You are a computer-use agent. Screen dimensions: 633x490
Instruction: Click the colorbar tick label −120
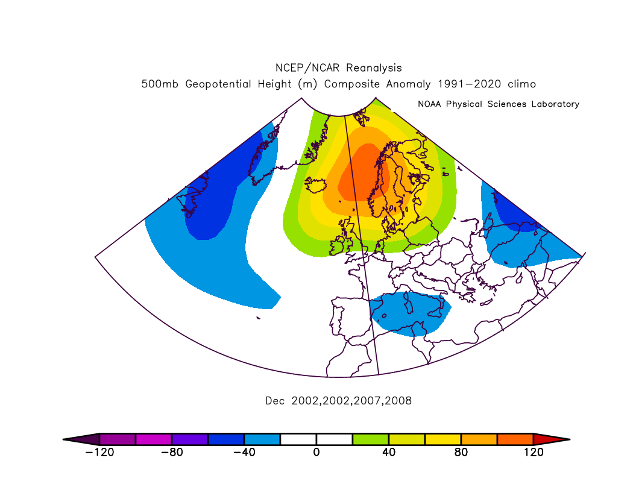[99, 452]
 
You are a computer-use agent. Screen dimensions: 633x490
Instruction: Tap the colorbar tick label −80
[172, 452]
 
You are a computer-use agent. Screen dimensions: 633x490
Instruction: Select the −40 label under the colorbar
[244, 452]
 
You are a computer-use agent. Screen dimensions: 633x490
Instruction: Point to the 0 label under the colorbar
[316, 452]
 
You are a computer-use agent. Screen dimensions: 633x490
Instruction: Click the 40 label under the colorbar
[389, 452]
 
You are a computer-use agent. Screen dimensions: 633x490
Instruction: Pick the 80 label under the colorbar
[461, 452]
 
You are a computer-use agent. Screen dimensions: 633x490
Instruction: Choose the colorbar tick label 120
[534, 452]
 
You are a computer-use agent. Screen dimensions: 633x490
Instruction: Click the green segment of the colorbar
[371, 439]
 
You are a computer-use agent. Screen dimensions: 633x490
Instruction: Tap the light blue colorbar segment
[262, 439]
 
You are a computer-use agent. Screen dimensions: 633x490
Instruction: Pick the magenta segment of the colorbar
[153, 439]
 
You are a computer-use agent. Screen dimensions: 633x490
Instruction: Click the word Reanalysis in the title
[374, 68]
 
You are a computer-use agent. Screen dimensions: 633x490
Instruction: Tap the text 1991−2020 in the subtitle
[470, 84]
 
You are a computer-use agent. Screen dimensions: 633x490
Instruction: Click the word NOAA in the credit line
[429, 104]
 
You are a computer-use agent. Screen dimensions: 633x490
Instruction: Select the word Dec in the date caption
[275, 401]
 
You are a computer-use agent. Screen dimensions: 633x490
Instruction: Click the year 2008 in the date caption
[398, 401]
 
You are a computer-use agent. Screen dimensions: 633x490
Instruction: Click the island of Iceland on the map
[315, 185]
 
